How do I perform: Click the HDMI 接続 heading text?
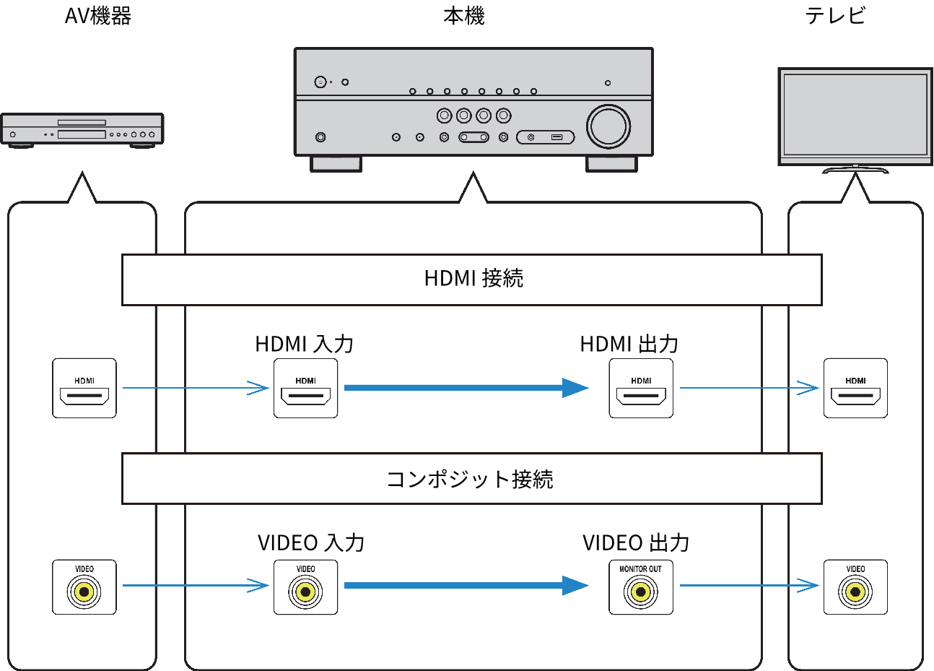point(473,279)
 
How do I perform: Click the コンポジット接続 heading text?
point(470,479)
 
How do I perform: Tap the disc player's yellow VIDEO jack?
point(84,592)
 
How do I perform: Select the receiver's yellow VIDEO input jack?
point(305,592)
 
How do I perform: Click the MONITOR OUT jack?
point(641,592)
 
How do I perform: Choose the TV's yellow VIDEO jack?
point(855,592)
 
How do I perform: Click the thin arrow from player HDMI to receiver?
point(195,388)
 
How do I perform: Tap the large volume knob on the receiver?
point(608,126)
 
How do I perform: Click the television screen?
point(855,113)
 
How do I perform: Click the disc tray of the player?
point(82,123)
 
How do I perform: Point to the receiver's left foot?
point(336,164)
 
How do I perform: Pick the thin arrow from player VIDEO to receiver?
point(195,585)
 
